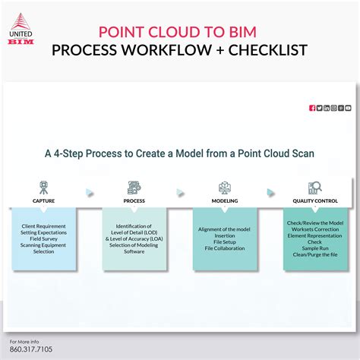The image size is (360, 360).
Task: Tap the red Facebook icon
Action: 312,108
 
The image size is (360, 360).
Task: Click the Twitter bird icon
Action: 320,108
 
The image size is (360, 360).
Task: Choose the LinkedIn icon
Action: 327,108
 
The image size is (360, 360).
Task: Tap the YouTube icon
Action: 348,108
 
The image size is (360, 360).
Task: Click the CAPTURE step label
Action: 43,201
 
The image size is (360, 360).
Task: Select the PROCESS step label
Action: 134,201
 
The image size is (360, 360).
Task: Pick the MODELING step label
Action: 224,201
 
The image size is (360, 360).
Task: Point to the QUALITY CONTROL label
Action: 314,201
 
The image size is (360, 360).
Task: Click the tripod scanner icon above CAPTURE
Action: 43,187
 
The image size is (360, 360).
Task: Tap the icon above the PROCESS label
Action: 134,187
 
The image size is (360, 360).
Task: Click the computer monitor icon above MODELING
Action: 225,187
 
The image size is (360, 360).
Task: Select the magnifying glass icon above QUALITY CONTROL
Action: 314,187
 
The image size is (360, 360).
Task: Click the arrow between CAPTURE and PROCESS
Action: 90,192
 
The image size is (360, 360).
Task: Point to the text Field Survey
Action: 44,238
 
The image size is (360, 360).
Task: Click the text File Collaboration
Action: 225,248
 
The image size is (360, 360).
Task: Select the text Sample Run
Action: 315,248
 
